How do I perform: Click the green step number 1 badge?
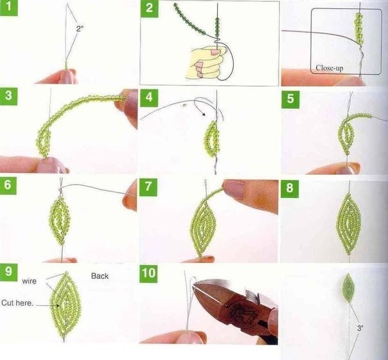pos(8,8)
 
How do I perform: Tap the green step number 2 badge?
pos(149,8)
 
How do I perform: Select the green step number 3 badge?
pos(8,96)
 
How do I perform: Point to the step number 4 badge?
pos(149,98)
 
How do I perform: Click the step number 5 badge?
pos(290,99)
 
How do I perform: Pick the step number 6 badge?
pos(8,185)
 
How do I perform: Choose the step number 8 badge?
pos(290,188)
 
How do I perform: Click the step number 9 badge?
pos(8,272)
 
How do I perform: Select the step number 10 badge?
pos(148,274)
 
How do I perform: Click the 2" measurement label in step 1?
pos(80,29)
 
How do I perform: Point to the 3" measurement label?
pos(360,328)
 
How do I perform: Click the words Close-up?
pos(330,68)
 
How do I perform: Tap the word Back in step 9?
pos(100,276)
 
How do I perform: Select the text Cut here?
pos(17,303)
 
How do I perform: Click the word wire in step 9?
pos(29,282)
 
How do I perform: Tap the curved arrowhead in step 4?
pos(204,114)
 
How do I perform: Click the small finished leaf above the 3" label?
pos(348,288)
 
